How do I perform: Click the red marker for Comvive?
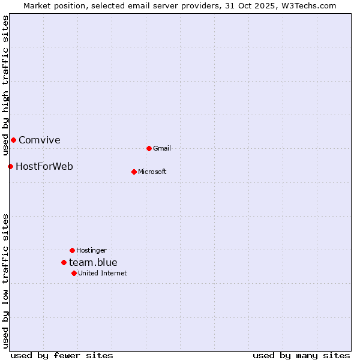[x=13, y=140]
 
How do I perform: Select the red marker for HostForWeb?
[x=10, y=166]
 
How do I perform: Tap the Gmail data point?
[x=149, y=148]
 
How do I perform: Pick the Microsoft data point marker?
[x=134, y=172]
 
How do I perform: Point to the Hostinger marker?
[x=72, y=250]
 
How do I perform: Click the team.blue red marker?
[x=64, y=262]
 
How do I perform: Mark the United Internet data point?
[x=74, y=273]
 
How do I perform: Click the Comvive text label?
[x=40, y=140]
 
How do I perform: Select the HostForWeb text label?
[x=44, y=166]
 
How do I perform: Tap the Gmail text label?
[x=162, y=148]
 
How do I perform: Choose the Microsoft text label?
[x=152, y=172]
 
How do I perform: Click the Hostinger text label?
[x=91, y=250]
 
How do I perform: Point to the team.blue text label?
[x=93, y=262]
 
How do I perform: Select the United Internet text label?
[x=103, y=273]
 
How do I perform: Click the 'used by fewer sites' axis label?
[x=62, y=355]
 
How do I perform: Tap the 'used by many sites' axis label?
[x=301, y=355]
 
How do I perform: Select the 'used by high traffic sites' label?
[x=5, y=86]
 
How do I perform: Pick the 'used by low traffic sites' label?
[x=5, y=281]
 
